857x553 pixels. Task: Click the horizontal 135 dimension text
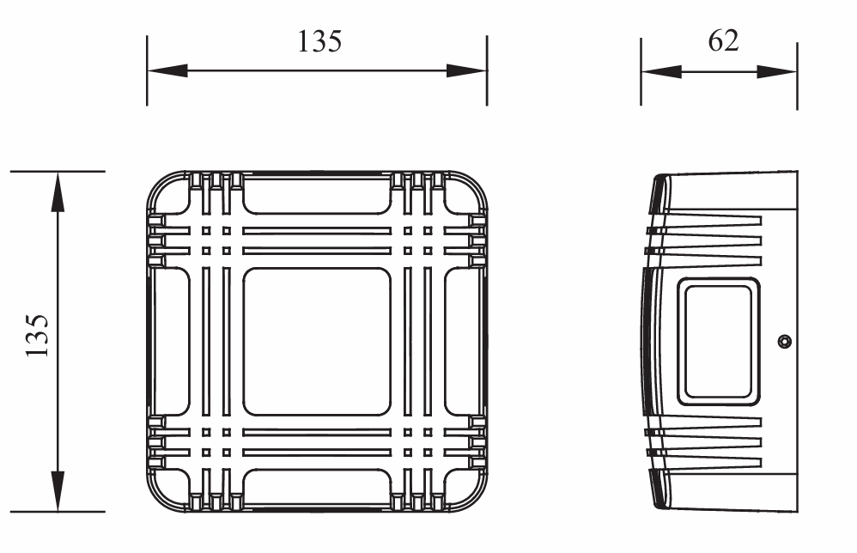(x=319, y=41)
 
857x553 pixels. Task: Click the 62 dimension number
(x=723, y=41)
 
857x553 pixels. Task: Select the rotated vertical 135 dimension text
(x=37, y=336)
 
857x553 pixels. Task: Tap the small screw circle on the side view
(x=784, y=342)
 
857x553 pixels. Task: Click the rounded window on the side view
(x=718, y=342)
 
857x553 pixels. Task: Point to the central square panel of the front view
(x=317, y=342)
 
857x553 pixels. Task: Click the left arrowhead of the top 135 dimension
(x=167, y=70)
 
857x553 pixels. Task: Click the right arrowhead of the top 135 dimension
(x=466, y=70)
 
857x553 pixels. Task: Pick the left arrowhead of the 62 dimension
(x=661, y=71)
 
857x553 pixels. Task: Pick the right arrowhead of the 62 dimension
(x=776, y=71)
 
